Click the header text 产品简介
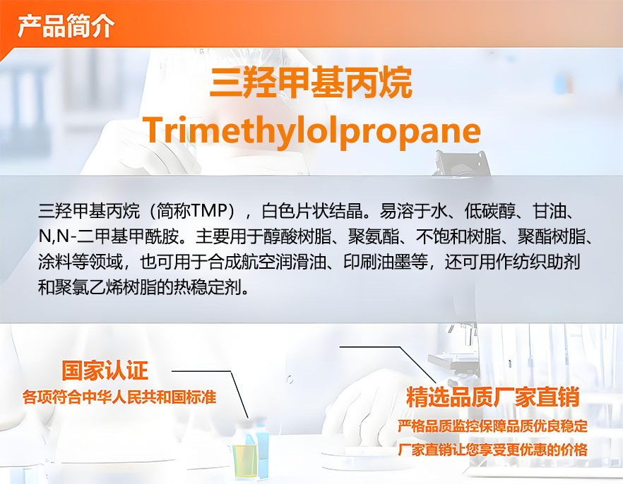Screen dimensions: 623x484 [66, 26]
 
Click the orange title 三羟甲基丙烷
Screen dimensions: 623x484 [311, 83]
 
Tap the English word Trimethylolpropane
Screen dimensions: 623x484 [312, 131]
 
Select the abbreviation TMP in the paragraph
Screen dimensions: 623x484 [208, 211]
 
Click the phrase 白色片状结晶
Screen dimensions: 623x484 [312, 211]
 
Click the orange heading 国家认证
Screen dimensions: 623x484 [105, 370]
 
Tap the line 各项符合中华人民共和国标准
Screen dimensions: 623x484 [119, 397]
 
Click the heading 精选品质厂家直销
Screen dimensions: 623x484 [493, 397]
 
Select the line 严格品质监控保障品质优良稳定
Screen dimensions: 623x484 [493, 425]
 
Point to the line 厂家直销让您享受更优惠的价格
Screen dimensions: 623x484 [493, 449]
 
